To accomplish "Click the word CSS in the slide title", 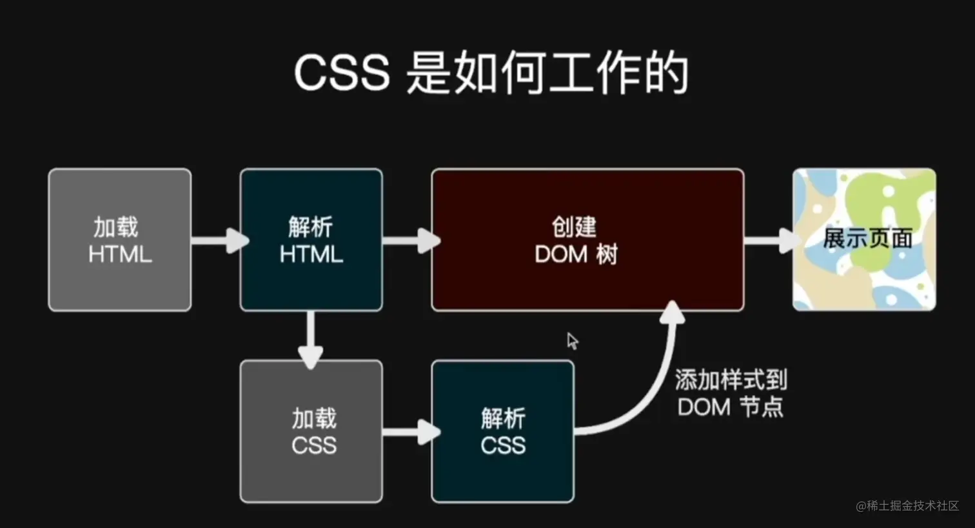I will click(x=342, y=72).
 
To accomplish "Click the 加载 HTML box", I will click(x=120, y=240).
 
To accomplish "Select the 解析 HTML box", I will click(x=311, y=240).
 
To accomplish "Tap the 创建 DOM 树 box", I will click(x=587, y=240).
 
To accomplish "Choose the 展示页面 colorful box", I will click(x=864, y=239).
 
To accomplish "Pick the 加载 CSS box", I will click(x=311, y=431).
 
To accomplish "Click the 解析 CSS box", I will click(x=503, y=431).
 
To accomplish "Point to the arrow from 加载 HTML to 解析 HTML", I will click(x=219, y=241).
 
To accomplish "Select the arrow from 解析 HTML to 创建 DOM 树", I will click(x=410, y=241).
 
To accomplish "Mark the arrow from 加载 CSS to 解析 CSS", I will click(x=410, y=432).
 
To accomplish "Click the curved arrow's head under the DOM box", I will click(x=673, y=312).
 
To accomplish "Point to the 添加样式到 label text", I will click(x=731, y=380).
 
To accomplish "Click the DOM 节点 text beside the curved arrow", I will click(x=731, y=407).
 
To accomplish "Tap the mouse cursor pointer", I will click(x=572, y=340).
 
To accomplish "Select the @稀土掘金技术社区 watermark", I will click(x=907, y=506).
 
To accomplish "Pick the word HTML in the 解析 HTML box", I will click(x=311, y=254).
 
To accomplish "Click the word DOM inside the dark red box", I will click(x=562, y=254).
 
